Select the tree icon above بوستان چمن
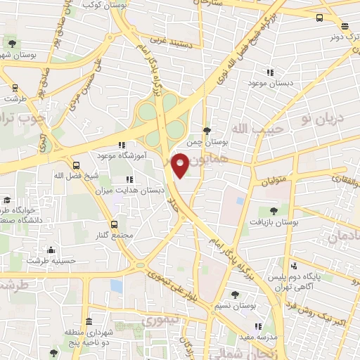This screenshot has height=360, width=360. point(206,130)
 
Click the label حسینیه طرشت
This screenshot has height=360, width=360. point(51,261)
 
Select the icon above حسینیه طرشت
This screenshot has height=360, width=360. point(51,250)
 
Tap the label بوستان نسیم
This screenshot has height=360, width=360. point(235,306)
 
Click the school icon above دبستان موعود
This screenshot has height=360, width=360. point(269,72)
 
